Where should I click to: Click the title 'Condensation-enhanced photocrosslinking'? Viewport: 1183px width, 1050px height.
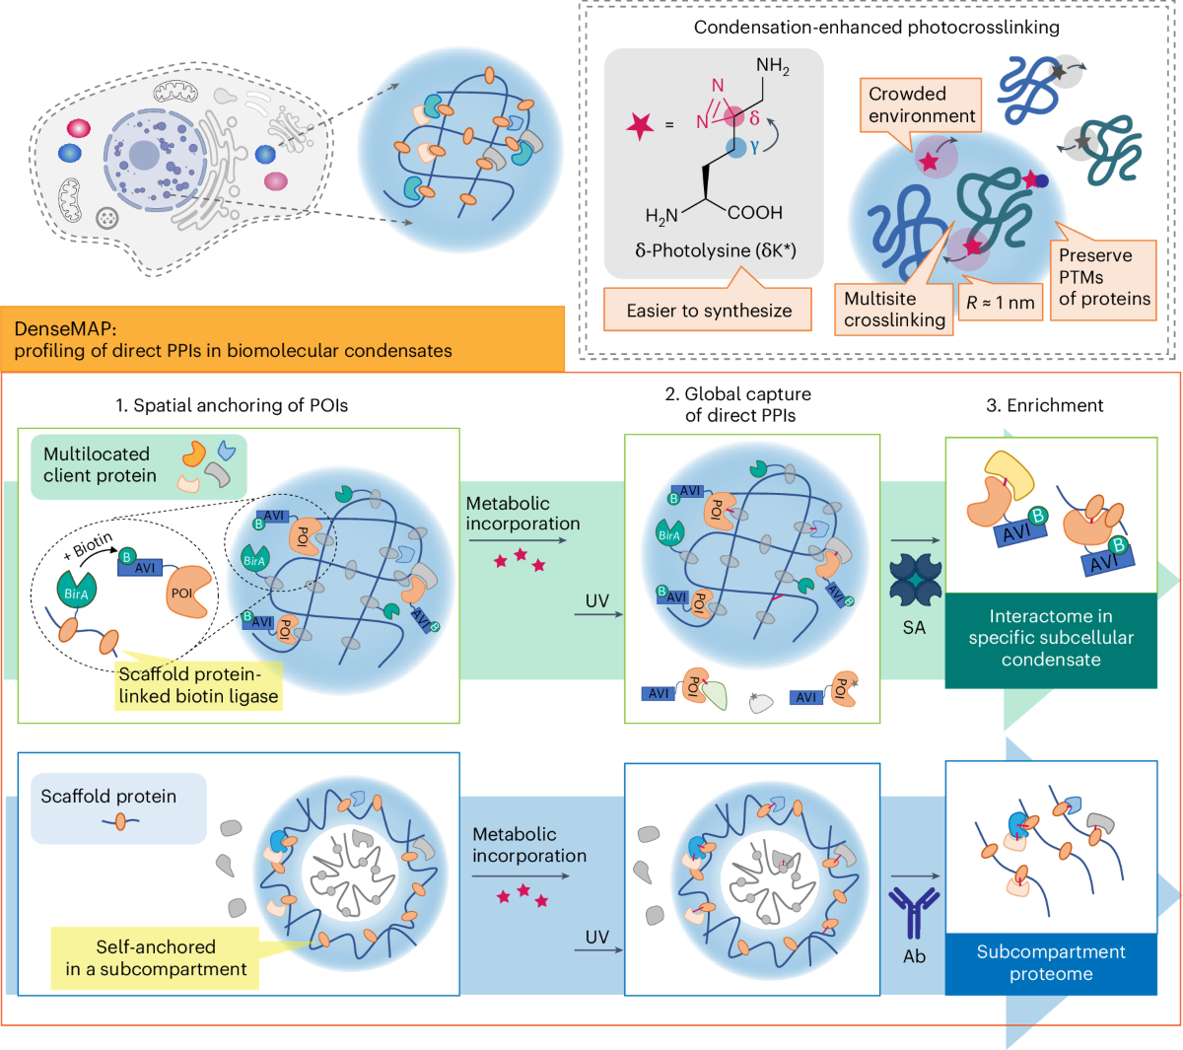pyautogui.click(x=876, y=28)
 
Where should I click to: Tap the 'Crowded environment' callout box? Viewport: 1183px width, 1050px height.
pyautogui.click(x=921, y=105)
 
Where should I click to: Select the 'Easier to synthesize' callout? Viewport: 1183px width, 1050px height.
pyautogui.click(x=709, y=311)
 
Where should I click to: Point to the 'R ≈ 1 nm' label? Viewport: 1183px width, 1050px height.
pyautogui.click(x=1000, y=303)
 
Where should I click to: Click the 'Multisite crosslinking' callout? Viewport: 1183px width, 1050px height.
pyautogui.click(x=893, y=310)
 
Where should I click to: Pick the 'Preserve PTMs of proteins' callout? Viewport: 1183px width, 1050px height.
pyautogui.click(x=1103, y=277)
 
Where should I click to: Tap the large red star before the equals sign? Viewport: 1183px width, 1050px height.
pyautogui.click(x=640, y=125)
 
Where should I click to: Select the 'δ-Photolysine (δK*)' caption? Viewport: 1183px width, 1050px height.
pyautogui.click(x=715, y=250)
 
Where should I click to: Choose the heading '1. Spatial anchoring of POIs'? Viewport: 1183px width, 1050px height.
pyautogui.click(x=232, y=405)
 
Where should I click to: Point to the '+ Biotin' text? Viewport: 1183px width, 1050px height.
pyautogui.click(x=93, y=545)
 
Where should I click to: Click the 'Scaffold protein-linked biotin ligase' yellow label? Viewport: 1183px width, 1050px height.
pyautogui.click(x=198, y=685)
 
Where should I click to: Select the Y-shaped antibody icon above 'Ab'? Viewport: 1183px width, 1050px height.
pyautogui.click(x=914, y=912)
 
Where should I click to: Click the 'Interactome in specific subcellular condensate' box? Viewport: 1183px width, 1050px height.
pyautogui.click(x=1050, y=639)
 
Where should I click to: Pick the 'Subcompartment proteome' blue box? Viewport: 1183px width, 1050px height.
pyautogui.click(x=1050, y=963)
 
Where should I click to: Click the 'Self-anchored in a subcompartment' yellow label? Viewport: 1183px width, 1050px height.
pyautogui.click(x=156, y=957)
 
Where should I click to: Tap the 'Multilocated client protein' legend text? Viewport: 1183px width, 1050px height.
pyautogui.click(x=100, y=465)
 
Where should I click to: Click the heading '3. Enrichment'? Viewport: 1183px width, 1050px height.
pyautogui.click(x=1045, y=405)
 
